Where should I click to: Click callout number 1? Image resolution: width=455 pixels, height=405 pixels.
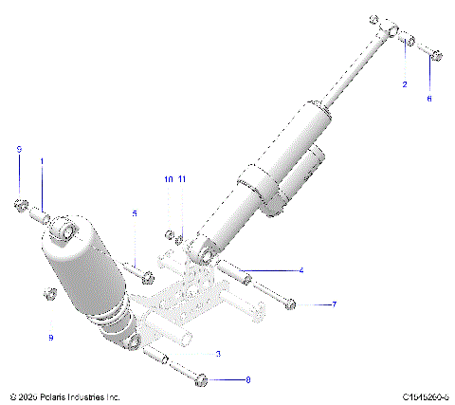click(x=42, y=162)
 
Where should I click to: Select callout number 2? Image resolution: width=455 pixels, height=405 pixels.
click(x=405, y=84)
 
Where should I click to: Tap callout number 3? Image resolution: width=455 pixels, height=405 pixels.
click(x=218, y=354)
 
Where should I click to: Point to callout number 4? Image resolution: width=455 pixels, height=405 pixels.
click(x=300, y=270)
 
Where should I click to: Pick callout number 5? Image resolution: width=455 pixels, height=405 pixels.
click(x=135, y=213)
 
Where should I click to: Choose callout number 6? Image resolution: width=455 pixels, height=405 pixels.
click(x=428, y=99)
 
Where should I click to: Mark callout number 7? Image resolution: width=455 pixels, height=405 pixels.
click(x=333, y=304)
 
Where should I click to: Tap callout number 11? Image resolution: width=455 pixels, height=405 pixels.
click(x=183, y=179)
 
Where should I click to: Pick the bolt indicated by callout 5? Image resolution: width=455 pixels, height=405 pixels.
click(x=144, y=277)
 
